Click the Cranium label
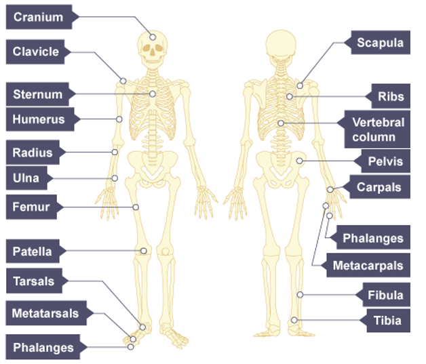coord(38,17)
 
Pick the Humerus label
coord(39,120)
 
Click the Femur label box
coord(31,206)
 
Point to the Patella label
coord(32,251)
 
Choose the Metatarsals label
coord(45,314)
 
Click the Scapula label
coord(380,43)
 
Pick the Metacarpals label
coord(368,266)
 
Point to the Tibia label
coord(386,321)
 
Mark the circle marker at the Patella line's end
coord(144,251)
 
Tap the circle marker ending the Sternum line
coord(153,94)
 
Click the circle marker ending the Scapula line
coord(299,85)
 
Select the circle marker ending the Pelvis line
coord(299,161)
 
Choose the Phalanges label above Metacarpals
coord(372,238)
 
